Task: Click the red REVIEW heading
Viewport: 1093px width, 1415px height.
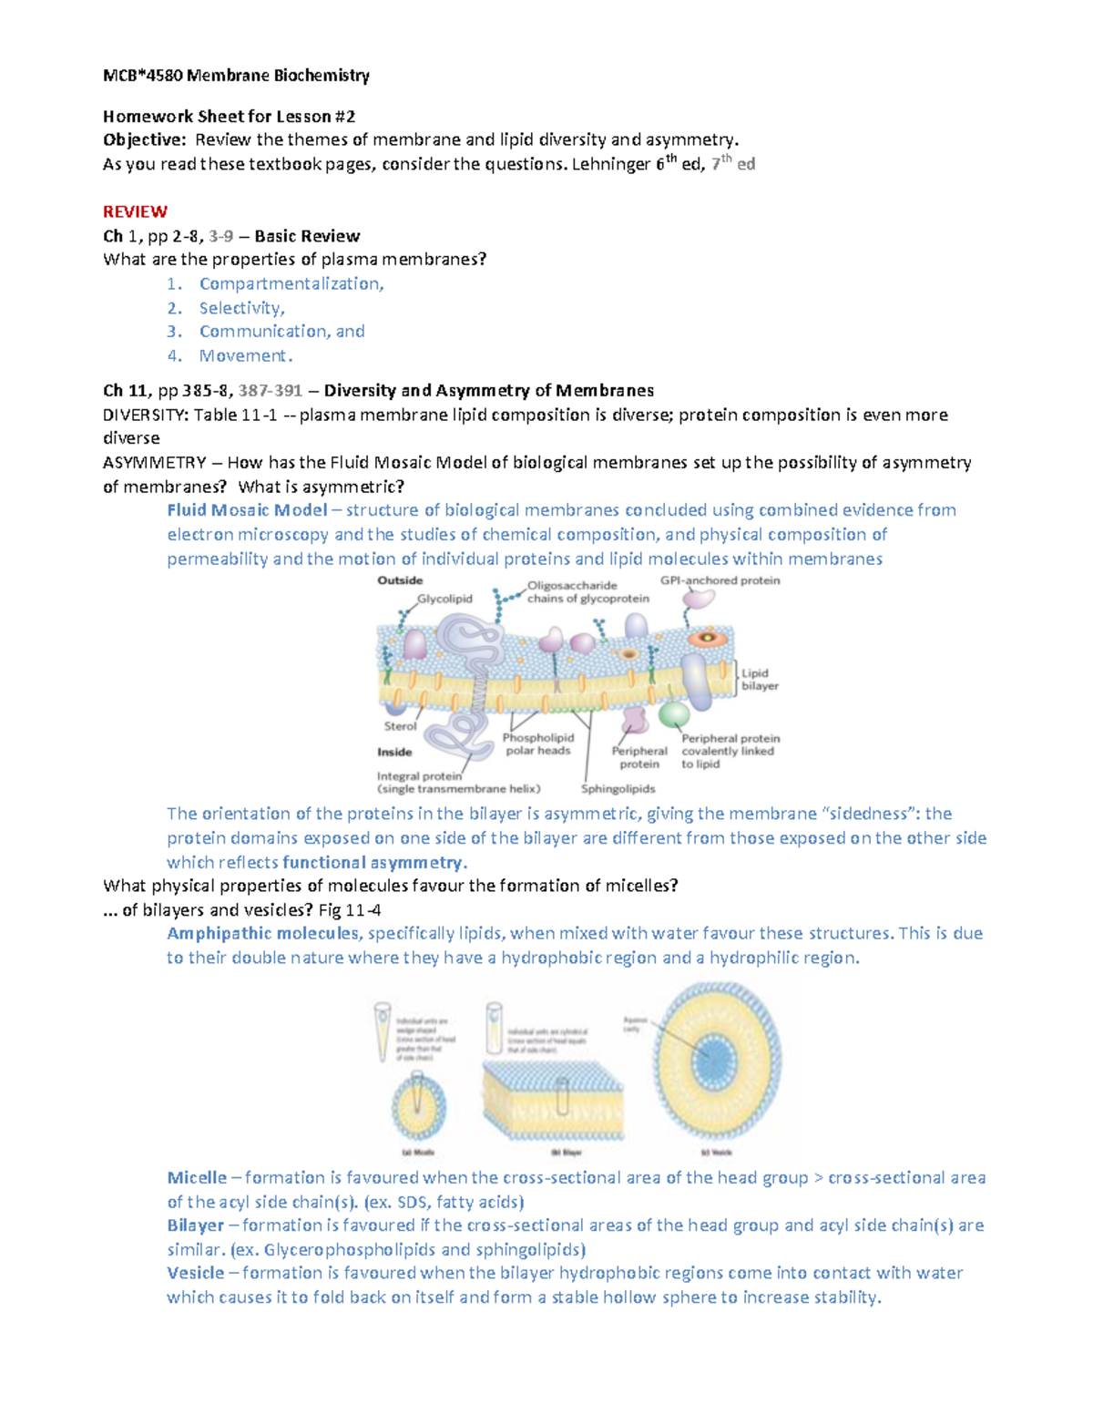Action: (135, 211)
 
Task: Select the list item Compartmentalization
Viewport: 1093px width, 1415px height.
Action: (291, 283)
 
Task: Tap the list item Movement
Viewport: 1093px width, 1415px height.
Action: (246, 355)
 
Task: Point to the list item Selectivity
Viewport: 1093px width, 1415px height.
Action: (242, 308)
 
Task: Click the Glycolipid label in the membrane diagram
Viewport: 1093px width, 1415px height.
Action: (444, 599)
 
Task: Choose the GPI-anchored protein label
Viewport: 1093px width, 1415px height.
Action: (720, 580)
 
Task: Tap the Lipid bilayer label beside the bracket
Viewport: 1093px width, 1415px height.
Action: (760, 680)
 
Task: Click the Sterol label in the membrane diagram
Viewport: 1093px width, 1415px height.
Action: (400, 726)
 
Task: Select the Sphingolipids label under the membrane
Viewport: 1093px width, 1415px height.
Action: (618, 789)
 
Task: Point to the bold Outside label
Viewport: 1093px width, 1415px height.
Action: (400, 580)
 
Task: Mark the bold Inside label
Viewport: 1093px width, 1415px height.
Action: (394, 752)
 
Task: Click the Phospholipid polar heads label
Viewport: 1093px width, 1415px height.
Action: (537, 744)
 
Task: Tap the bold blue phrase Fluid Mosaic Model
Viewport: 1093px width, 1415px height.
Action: (247, 510)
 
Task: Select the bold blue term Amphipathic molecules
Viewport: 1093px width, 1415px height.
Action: (263, 933)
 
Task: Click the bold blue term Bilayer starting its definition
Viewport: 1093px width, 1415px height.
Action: (195, 1225)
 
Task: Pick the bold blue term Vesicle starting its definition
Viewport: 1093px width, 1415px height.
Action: (195, 1273)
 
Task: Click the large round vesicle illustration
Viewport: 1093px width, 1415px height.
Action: (717, 1061)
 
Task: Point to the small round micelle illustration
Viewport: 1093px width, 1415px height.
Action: (418, 1105)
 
